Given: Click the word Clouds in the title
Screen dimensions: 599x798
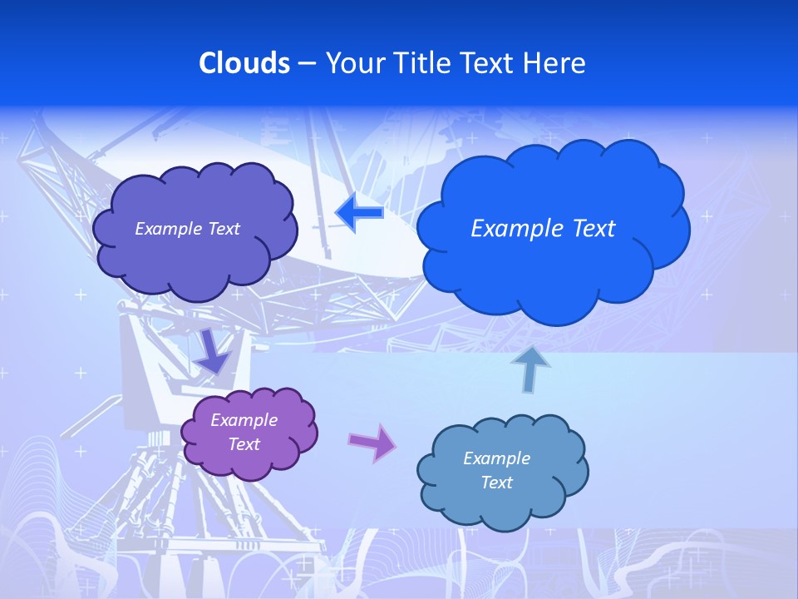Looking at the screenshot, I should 244,63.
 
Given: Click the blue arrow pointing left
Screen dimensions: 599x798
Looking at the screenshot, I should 359,213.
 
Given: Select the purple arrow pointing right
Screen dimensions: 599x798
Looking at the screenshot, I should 372,442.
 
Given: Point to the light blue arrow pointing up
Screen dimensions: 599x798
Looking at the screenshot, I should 530,369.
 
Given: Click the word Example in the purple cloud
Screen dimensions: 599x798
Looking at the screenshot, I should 244,420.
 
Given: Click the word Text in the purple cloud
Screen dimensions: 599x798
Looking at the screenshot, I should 244,444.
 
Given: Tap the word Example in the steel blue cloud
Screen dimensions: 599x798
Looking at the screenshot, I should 496,458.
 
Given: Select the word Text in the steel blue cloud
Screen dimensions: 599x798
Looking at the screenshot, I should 497,483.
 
